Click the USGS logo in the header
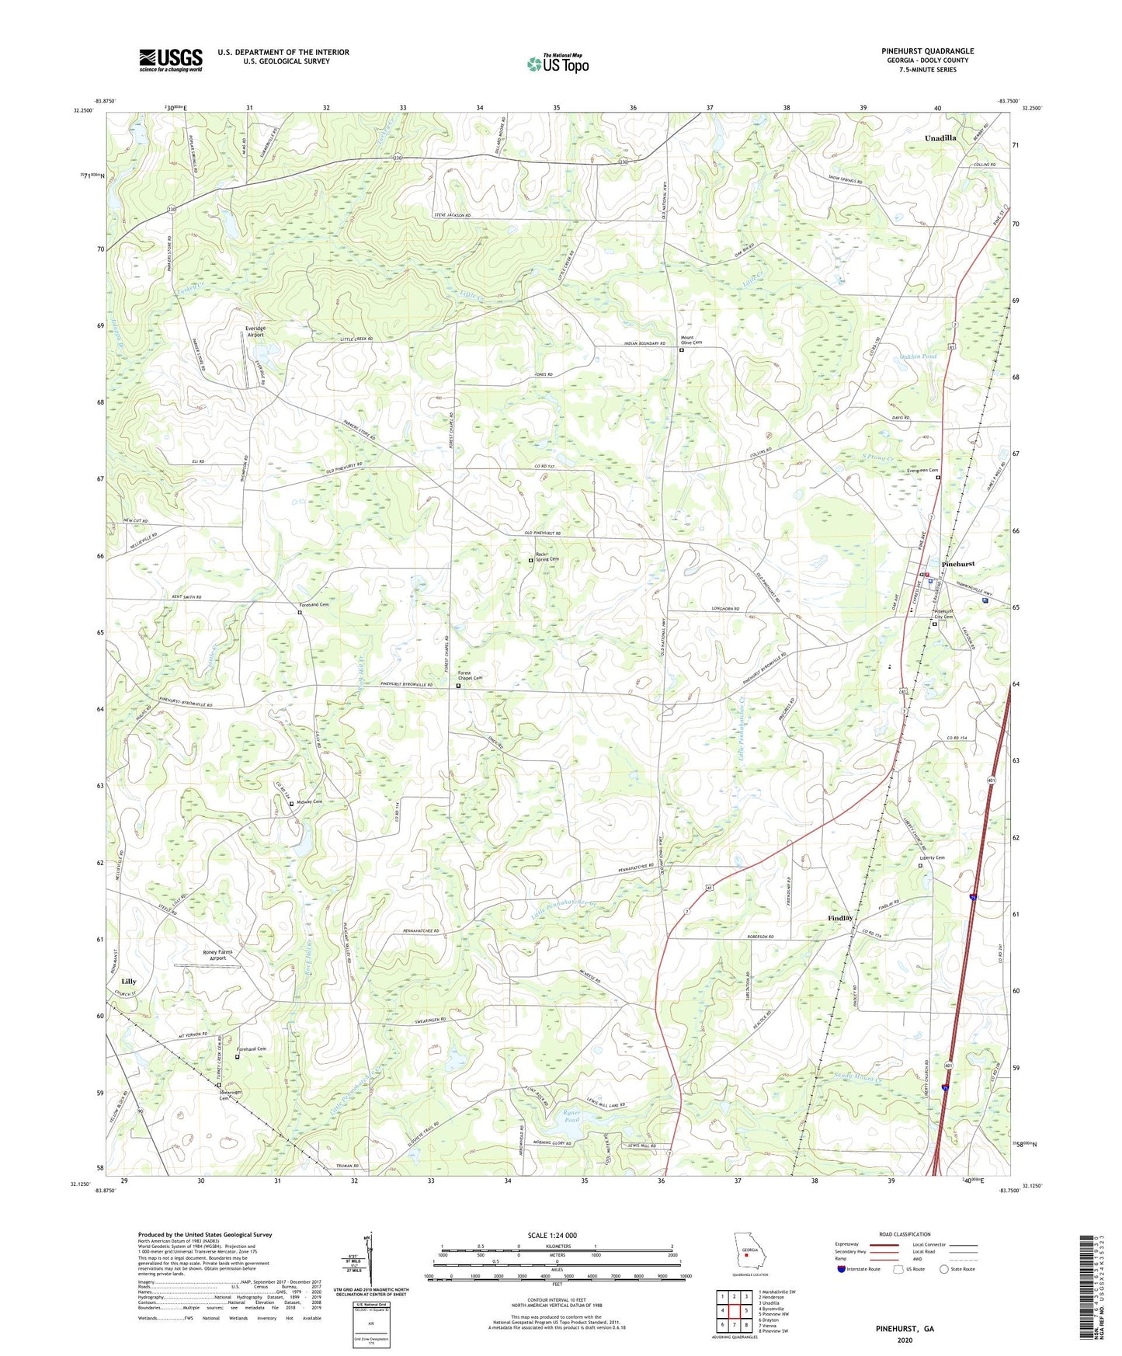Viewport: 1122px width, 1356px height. click(171, 60)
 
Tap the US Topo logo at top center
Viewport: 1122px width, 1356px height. click(558, 64)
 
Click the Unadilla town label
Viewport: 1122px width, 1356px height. click(940, 137)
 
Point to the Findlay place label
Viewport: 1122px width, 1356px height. click(840, 918)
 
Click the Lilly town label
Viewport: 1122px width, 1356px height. click(128, 982)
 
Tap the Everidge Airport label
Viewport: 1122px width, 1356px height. click(255, 332)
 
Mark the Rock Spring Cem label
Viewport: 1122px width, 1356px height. click(547, 557)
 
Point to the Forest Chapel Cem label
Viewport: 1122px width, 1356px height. click(470, 676)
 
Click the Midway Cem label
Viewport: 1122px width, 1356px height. click(309, 801)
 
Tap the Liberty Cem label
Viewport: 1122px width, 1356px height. click(932, 858)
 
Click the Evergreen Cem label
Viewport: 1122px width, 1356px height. click(922, 470)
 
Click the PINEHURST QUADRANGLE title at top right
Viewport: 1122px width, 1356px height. click(927, 51)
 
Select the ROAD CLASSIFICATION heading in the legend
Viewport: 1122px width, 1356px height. click(904, 1234)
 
